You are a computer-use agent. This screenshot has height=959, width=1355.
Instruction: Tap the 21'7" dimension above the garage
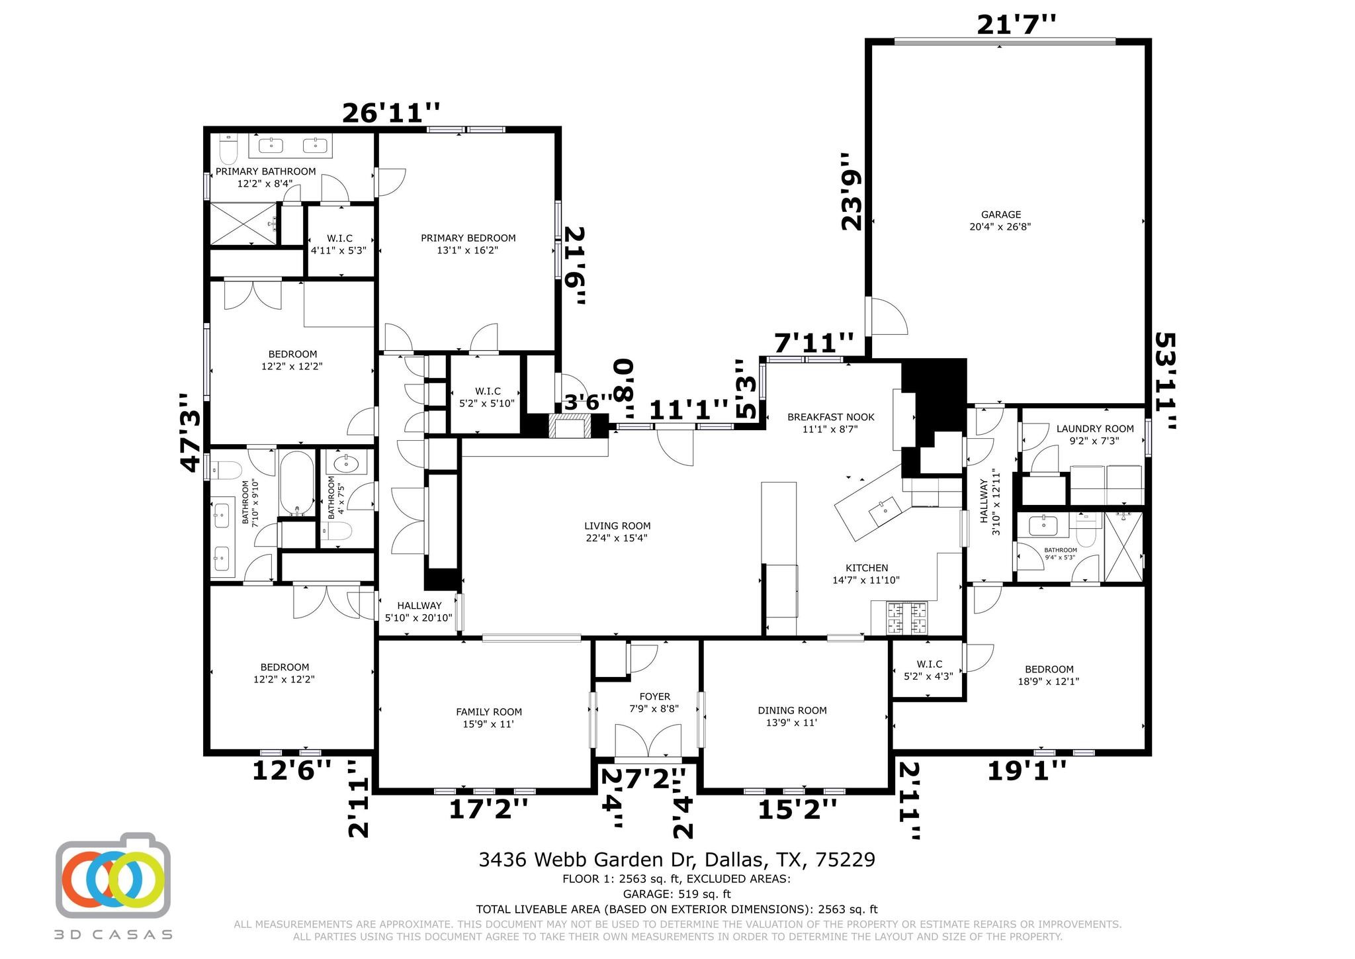(1016, 25)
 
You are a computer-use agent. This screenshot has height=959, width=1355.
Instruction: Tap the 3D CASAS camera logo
(113, 876)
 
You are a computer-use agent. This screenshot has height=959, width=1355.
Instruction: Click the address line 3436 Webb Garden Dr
(676, 860)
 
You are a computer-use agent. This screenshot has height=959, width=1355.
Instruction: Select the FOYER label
(654, 696)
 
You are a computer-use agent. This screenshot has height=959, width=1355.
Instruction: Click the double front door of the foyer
(648, 741)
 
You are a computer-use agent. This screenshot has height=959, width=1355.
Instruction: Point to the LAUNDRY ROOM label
(1095, 429)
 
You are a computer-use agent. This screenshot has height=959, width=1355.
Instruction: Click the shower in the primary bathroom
(243, 224)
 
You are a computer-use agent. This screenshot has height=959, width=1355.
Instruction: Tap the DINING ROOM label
(792, 711)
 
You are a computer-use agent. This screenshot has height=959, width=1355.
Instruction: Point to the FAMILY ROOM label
(488, 712)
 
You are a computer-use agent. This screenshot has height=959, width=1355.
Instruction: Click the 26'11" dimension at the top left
(390, 113)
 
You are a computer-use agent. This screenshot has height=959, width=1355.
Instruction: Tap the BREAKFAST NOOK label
(830, 417)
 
